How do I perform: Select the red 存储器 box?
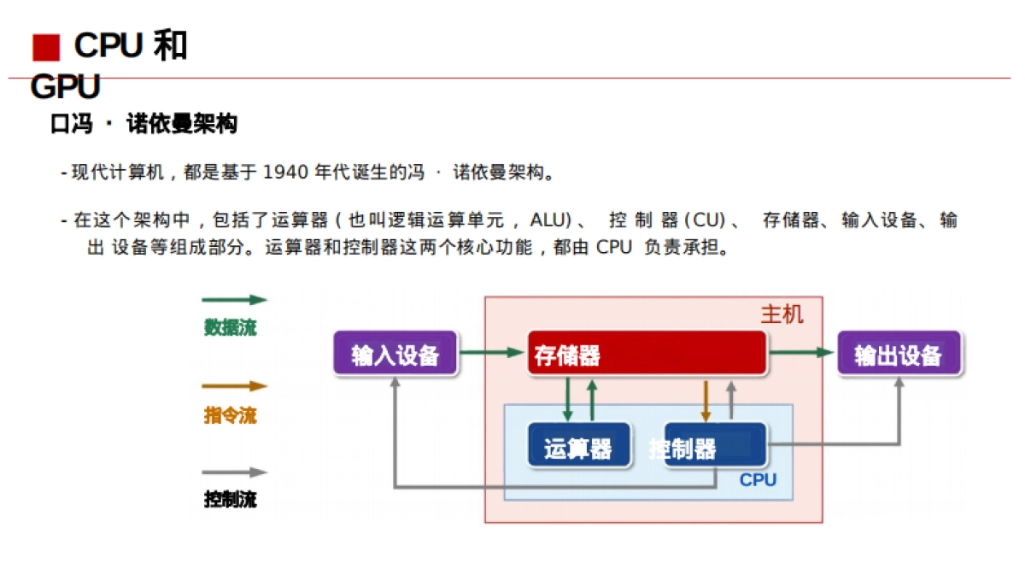pos(647,353)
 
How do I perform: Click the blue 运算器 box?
pos(578,446)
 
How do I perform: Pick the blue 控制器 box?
pos(715,445)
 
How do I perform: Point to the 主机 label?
pos(782,314)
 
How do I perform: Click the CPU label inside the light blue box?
pos(758,480)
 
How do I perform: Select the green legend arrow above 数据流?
pos(234,300)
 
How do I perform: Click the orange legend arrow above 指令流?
pos(234,386)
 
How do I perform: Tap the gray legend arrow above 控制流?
pos(234,472)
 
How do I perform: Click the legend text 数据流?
pos(230,327)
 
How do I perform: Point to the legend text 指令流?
pos(230,416)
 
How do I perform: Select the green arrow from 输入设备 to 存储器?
pos(491,352)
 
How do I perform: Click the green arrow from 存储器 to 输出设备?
pos(799,352)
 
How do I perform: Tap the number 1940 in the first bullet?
pos(285,173)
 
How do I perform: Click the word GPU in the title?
pos(65,87)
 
